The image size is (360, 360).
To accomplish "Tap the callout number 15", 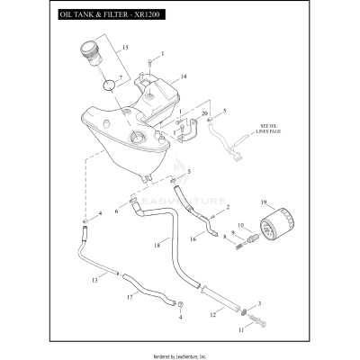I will tap(125, 47).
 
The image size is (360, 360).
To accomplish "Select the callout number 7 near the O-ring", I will tap(121, 78).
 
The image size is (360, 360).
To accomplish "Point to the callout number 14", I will tap(184, 77).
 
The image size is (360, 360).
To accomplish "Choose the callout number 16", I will tap(193, 239).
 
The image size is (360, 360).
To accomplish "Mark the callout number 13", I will tap(93, 281).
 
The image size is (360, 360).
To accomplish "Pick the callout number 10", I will tap(240, 225).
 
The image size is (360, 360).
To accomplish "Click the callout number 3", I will tap(259, 305).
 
